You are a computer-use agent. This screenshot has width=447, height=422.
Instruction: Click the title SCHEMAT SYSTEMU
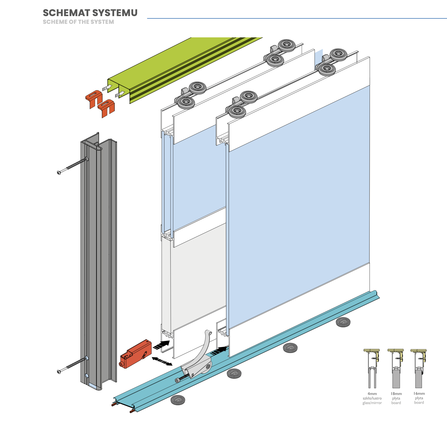[x=90, y=13]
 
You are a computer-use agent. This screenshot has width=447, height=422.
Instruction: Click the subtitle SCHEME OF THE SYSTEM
[x=78, y=22]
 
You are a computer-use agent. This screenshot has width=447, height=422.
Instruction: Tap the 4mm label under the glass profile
[x=372, y=394]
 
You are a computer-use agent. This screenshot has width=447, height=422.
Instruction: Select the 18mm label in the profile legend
[x=396, y=394]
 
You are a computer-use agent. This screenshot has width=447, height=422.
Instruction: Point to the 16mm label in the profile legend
[x=419, y=393]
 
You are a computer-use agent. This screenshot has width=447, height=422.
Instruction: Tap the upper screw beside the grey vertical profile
[x=73, y=166]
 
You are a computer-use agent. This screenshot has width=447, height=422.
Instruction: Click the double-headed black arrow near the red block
[x=162, y=361]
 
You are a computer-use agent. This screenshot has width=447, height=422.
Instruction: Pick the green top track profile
[x=184, y=69]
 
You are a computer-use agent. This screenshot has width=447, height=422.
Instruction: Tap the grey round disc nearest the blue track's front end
[x=178, y=400]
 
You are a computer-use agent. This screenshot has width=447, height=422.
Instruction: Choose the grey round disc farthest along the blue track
[x=343, y=322]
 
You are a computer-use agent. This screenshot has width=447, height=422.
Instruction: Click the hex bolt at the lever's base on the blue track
[x=183, y=378]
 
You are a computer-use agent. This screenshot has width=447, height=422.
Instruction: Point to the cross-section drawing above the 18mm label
[x=396, y=369]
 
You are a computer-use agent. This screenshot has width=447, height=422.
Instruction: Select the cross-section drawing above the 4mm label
[x=372, y=369]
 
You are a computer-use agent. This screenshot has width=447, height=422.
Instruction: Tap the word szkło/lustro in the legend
[x=372, y=398]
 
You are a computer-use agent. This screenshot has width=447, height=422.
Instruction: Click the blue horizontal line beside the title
[x=297, y=18]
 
